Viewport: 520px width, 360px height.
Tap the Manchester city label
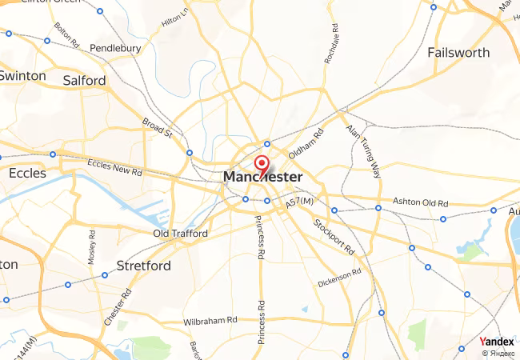coord(263,177)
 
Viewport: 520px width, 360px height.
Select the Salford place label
coord(84,81)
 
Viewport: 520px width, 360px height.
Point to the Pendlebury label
coord(115,48)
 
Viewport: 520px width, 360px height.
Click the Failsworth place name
coord(458,53)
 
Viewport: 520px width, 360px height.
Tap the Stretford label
coord(143,265)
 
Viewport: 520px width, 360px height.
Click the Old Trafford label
coord(180,234)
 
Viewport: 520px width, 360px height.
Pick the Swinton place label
coord(23,76)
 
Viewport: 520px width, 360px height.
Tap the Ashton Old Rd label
coord(419,201)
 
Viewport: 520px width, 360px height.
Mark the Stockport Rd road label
coord(334,236)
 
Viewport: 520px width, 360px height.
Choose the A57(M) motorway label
coord(299,205)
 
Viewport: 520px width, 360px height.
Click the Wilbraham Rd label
coord(210,320)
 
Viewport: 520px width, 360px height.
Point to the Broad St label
coord(158,128)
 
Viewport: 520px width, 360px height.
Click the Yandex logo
coord(496,342)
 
